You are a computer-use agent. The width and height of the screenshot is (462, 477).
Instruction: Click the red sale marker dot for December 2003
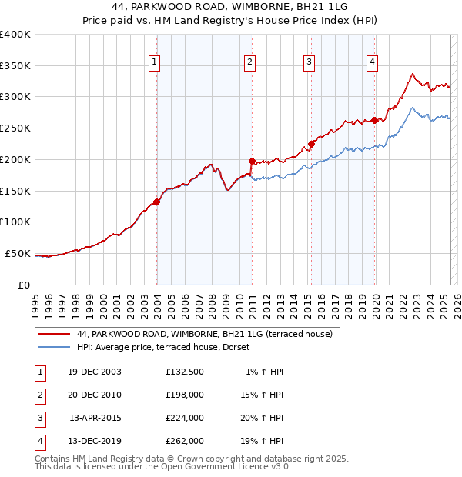point(156,202)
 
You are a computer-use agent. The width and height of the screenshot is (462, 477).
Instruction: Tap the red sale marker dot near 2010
point(252,161)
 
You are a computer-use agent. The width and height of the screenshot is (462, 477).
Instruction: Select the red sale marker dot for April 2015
point(311,144)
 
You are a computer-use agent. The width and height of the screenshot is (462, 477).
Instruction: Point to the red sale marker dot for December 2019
point(374,120)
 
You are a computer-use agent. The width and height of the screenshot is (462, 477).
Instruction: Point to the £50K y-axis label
point(18,253)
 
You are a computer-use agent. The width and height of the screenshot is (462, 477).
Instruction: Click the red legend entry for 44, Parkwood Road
point(204,334)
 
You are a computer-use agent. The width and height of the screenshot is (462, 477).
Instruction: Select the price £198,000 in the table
point(185,395)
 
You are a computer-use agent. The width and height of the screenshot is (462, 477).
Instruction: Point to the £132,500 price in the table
point(185,372)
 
